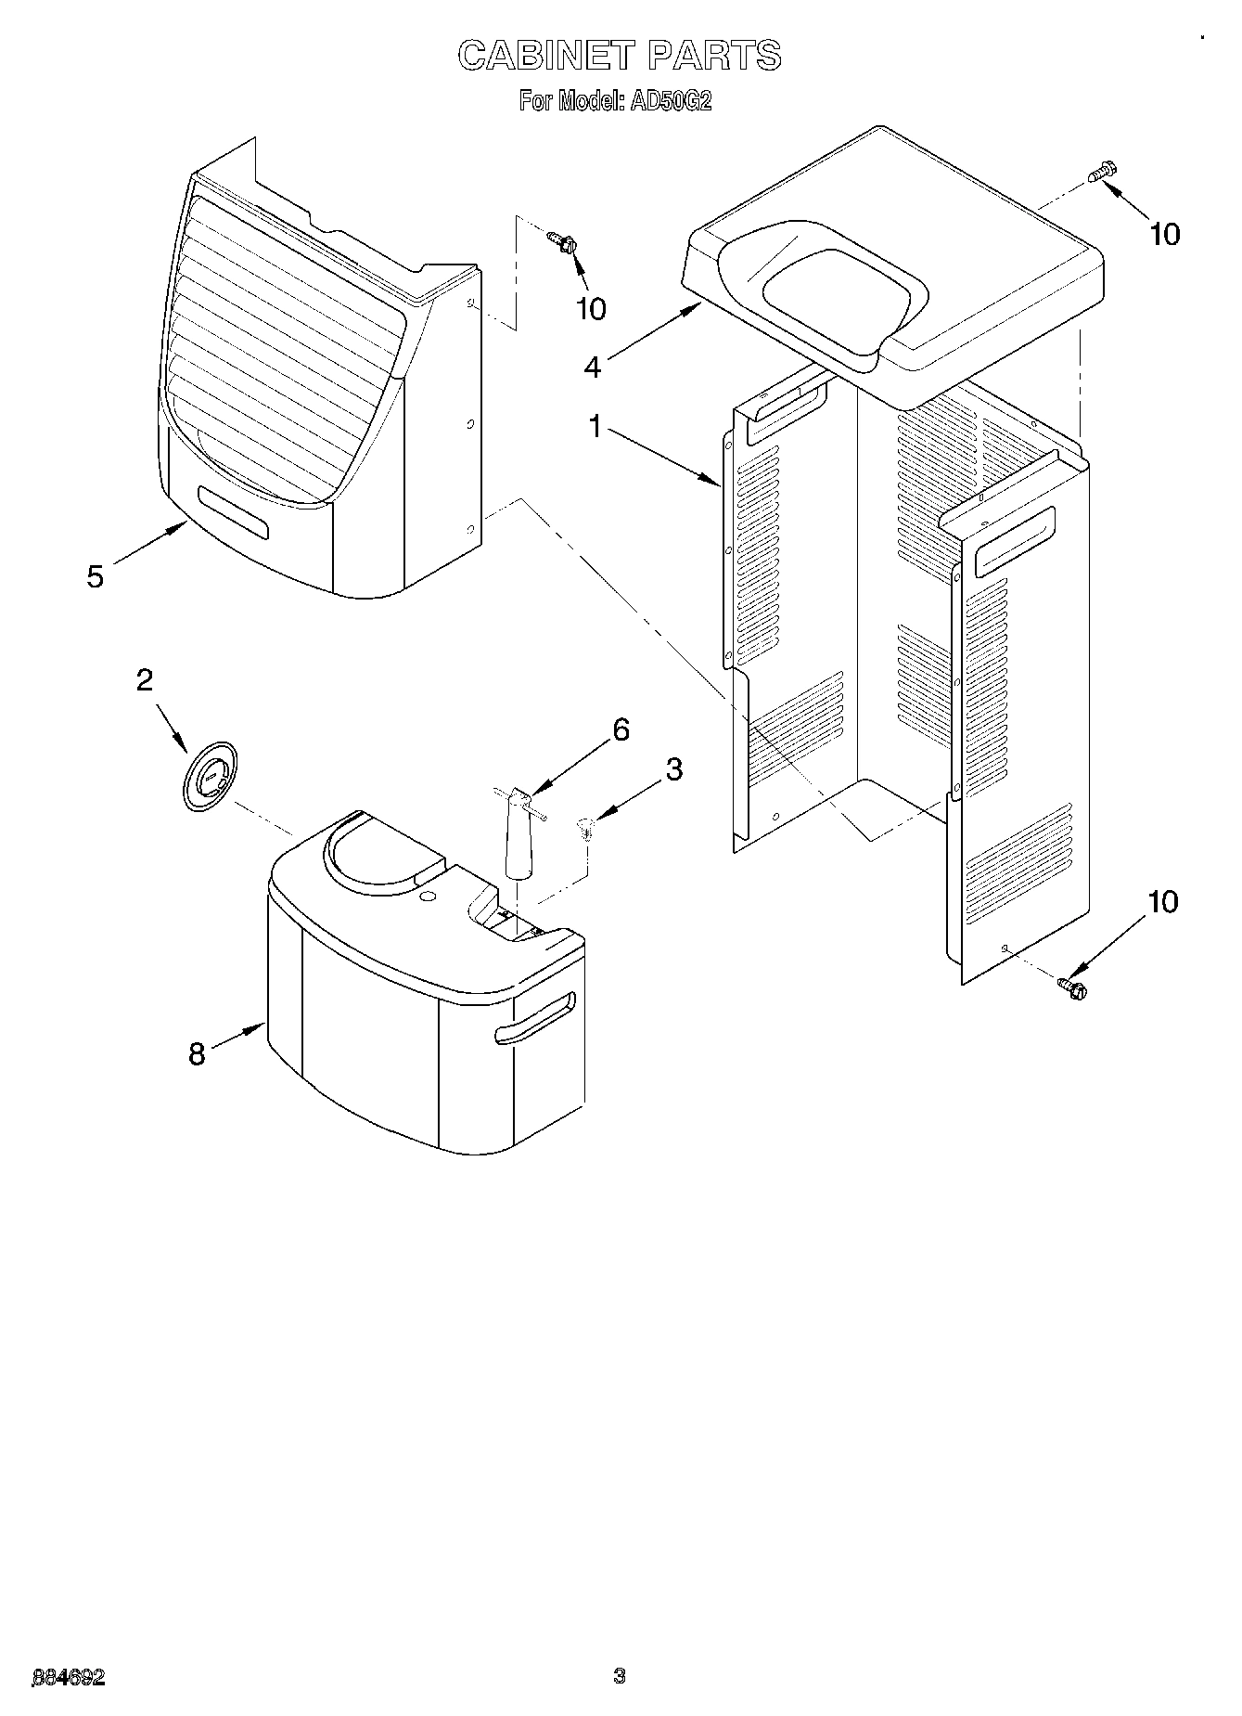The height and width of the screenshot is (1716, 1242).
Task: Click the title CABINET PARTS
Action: coord(620,56)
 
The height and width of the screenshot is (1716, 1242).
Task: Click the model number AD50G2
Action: coord(671,101)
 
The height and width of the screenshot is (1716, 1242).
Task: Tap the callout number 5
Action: coord(96,576)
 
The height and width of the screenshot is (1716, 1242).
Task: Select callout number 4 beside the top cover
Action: coord(593,367)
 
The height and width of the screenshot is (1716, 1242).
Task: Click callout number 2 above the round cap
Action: coord(145,680)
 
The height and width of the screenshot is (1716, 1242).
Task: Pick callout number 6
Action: coord(621,730)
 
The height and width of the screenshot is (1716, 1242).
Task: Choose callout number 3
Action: coord(673,769)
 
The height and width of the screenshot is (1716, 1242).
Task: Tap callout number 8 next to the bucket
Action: coord(197,1054)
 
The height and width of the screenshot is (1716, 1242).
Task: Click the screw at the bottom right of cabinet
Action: coord(1073,987)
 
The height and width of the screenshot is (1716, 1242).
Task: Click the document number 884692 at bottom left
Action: coord(69,1677)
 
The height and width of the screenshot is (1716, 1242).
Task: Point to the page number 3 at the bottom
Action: coord(620,1676)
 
